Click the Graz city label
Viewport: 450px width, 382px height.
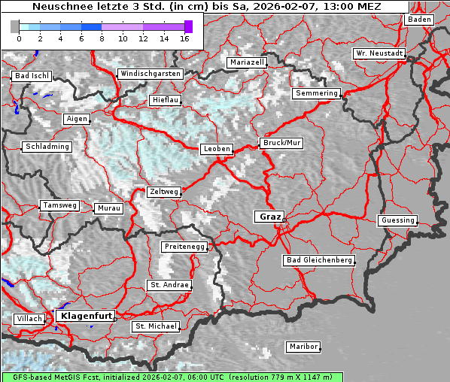pos(269,217)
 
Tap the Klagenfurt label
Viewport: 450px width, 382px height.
pos(86,316)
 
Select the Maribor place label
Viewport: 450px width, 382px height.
pos(303,347)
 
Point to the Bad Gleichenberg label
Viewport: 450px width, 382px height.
pos(318,260)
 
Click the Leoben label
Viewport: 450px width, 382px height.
pos(217,149)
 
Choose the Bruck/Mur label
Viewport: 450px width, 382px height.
pos(281,142)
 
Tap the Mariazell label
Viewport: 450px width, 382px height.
pos(248,62)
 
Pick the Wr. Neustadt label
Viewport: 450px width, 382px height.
pos(379,54)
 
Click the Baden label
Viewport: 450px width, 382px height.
pos(419,20)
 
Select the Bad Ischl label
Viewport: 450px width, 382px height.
pos(32,76)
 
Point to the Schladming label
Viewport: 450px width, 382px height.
pos(47,147)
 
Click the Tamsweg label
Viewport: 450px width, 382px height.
pos(59,205)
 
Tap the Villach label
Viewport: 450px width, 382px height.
pos(29,319)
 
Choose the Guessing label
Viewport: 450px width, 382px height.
pos(397,220)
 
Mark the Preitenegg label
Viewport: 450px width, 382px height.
pos(184,247)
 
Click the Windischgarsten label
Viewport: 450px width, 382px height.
pos(151,74)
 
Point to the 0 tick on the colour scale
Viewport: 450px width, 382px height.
pos(19,38)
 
